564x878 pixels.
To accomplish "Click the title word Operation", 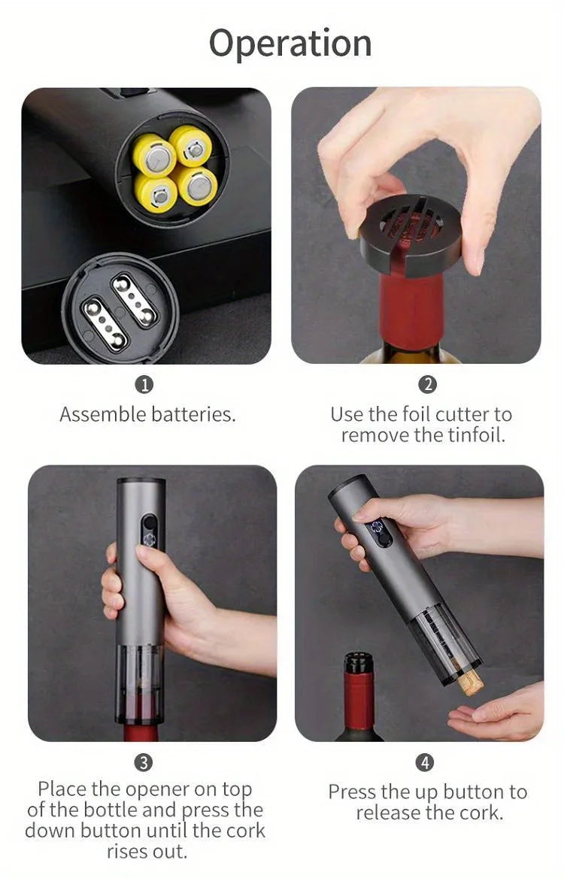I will coord(290,44).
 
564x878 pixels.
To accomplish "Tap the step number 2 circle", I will coord(427,385).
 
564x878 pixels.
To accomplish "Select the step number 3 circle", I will coord(143,762).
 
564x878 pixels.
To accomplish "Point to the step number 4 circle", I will coord(425,762).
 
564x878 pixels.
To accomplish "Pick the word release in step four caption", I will coord(391,813).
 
